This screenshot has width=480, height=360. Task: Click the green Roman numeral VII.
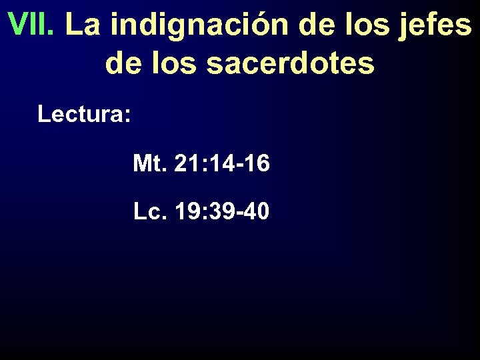point(33,25)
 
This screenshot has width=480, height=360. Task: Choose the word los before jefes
point(364,25)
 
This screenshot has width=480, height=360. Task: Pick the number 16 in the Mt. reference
point(257,163)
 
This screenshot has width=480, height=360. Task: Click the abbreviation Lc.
point(150,212)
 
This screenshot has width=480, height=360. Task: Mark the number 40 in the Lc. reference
point(257,212)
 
